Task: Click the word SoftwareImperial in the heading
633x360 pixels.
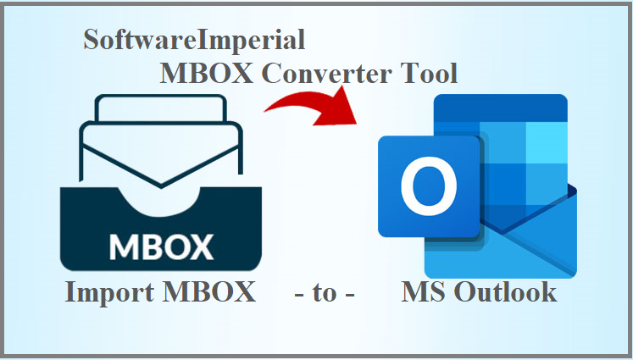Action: pyautogui.click(x=194, y=40)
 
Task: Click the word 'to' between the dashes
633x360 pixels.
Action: pyautogui.click(x=325, y=293)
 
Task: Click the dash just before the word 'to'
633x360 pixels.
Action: pyautogui.click(x=299, y=294)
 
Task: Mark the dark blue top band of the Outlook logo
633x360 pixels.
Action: pyautogui.click(x=500, y=108)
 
